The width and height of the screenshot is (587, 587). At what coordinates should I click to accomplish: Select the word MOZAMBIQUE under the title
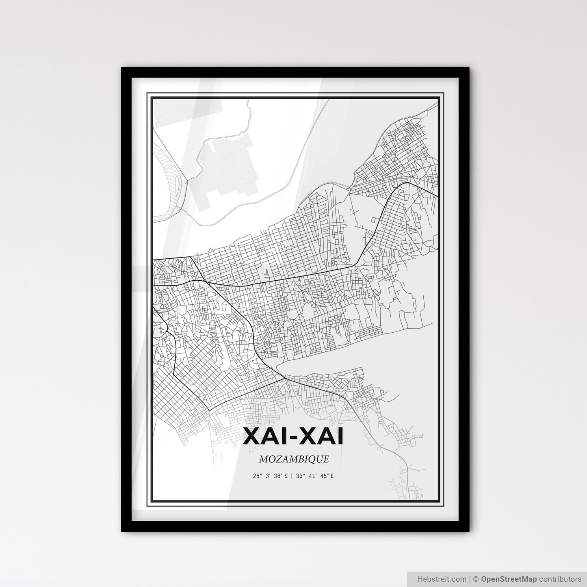click(293, 459)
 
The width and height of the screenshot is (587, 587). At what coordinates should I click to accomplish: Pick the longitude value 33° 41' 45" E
click(315, 476)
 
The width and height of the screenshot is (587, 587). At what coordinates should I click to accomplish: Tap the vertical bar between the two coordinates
click(292, 476)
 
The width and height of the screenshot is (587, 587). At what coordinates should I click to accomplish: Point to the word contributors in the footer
click(561, 578)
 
